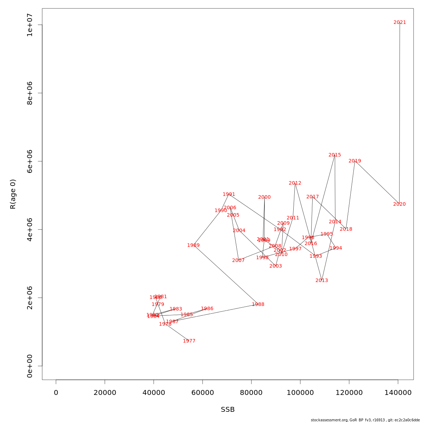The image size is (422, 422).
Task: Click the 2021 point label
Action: pyautogui.click(x=399, y=23)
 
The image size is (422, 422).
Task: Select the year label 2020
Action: pyautogui.click(x=399, y=204)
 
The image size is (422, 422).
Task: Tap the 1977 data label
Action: pyautogui.click(x=189, y=341)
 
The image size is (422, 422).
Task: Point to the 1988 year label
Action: pyautogui.click(x=258, y=305)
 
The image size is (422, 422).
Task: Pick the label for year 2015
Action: pyautogui.click(x=334, y=155)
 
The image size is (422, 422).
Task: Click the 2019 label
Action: pyautogui.click(x=354, y=161)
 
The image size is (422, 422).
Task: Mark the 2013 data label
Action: pyautogui.click(x=321, y=281)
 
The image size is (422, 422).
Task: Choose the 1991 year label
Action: pyautogui.click(x=229, y=194)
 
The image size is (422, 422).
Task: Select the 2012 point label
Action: pyautogui.click(x=295, y=183)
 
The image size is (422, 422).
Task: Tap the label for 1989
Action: pyautogui.click(x=193, y=245)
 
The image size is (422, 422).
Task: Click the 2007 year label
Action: pyautogui.click(x=238, y=261)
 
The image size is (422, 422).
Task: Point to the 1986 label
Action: pyautogui.click(x=207, y=309)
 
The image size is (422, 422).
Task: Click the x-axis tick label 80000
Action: pyautogui.click(x=251, y=392)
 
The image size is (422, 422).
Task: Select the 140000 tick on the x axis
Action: pyautogui.click(x=398, y=392)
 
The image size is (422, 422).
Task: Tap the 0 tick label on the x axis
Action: pyautogui.click(x=56, y=392)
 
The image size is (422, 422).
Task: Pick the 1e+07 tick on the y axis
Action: pyautogui.click(x=30, y=25)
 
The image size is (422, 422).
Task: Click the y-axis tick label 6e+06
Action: pyautogui.click(x=30, y=161)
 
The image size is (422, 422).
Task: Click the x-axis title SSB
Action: pyautogui.click(x=228, y=410)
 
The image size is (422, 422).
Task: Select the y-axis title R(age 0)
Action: pyautogui.click(x=13, y=194)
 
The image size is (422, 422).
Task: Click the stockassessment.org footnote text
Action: pyautogui.click(x=365, y=420)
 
